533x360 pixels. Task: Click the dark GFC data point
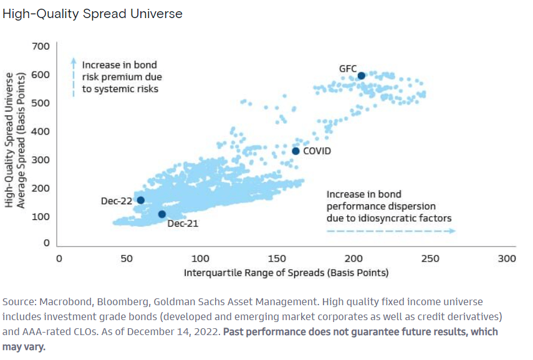(x=362, y=76)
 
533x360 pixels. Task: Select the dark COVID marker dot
(x=295, y=151)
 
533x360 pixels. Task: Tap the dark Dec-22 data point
(x=140, y=200)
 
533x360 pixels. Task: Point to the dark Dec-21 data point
(x=162, y=214)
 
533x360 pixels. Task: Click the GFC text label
(x=348, y=67)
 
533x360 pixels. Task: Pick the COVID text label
(x=317, y=151)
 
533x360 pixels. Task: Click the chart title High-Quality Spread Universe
(x=92, y=14)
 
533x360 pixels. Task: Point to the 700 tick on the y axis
(x=41, y=47)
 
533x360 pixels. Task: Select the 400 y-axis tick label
(x=41, y=131)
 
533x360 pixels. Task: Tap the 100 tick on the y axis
(x=41, y=216)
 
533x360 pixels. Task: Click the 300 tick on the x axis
(x=507, y=258)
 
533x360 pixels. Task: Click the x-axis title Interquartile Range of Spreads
(x=286, y=273)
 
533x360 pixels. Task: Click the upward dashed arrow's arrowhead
(x=73, y=62)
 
